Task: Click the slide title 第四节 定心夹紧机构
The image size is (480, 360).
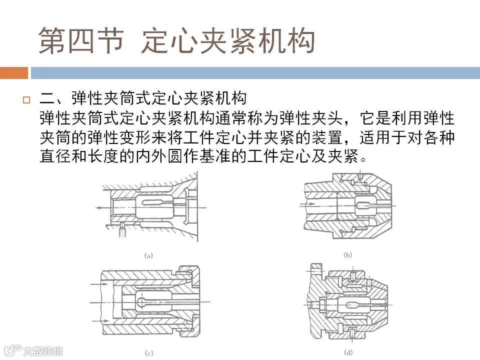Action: (x=176, y=40)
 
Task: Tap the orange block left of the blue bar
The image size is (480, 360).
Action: (x=14, y=73)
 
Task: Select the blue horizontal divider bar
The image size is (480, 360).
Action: (x=255, y=73)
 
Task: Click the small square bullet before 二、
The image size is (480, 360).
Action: (x=26, y=100)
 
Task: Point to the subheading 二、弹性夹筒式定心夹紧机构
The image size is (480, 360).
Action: (x=143, y=98)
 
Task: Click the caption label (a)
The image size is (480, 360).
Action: (x=148, y=255)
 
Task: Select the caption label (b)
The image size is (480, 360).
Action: (x=348, y=254)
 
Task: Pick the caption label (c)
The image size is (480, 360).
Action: (x=149, y=353)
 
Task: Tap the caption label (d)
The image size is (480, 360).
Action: (x=348, y=352)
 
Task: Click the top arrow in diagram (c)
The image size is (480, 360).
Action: (x=100, y=284)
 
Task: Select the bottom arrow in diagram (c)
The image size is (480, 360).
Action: (x=100, y=320)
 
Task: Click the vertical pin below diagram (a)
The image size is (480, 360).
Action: (x=122, y=229)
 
